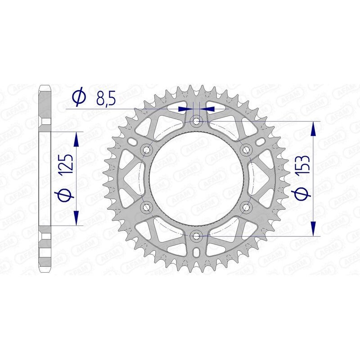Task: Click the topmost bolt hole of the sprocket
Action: pyautogui.click(x=196, y=121)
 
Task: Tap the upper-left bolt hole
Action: pyautogui.click(x=146, y=149)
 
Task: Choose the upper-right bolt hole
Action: pyautogui.click(x=245, y=149)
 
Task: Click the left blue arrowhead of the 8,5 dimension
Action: pyautogui.click(x=184, y=109)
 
